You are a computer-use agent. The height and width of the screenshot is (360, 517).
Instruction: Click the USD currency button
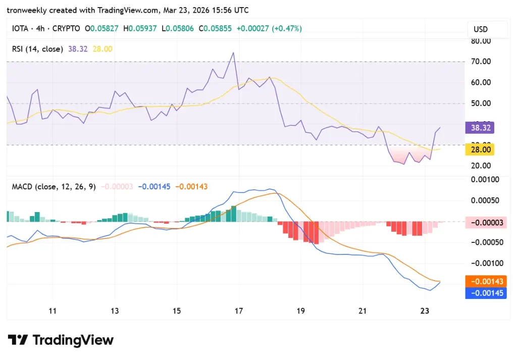point(480,29)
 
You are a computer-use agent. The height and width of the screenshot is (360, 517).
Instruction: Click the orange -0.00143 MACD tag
point(487,281)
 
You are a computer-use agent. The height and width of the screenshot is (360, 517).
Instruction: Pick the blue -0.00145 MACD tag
point(487,293)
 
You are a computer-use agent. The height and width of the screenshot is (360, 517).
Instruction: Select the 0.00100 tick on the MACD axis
point(485,179)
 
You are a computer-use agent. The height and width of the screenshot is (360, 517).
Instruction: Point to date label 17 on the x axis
point(239,311)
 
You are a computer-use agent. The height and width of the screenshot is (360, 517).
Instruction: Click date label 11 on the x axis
point(53,311)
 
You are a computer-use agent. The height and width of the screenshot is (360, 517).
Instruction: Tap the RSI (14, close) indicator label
point(37,49)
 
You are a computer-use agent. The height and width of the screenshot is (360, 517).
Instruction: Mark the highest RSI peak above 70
point(233,53)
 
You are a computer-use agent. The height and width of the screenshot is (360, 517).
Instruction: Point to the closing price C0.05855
point(215,29)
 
